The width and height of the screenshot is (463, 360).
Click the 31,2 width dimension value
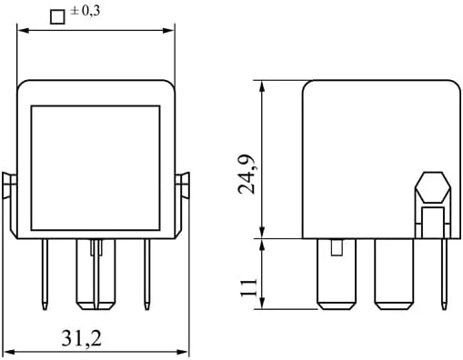82,338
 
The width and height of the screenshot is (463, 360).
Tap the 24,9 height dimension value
247,175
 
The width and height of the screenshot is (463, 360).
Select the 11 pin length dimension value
248,288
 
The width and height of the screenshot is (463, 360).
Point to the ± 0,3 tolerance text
85,11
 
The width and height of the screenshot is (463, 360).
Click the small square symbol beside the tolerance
57,17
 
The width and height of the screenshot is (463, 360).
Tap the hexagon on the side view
433,187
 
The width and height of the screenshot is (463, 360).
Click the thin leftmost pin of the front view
45,275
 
